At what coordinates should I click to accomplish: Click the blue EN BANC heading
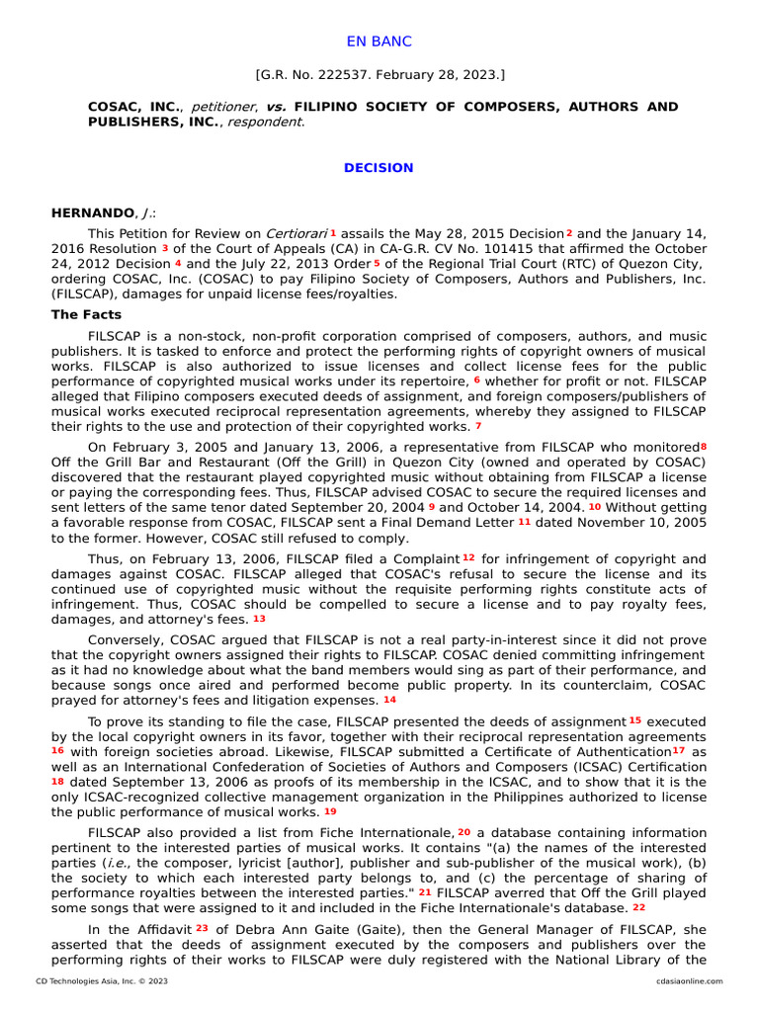point(379,42)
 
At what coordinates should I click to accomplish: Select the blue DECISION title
point(379,168)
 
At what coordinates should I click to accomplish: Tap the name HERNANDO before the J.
point(92,212)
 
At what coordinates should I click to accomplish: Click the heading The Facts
point(86,315)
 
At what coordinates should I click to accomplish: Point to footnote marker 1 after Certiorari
point(334,231)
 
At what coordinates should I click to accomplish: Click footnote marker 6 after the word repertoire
point(476,379)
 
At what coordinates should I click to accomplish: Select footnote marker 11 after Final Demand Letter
point(524,522)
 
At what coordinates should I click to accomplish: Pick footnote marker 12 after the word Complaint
point(468,557)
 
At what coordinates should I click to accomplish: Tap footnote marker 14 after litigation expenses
point(389,700)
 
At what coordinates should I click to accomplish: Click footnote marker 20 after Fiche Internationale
point(464,832)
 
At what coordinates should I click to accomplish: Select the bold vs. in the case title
point(277,107)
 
